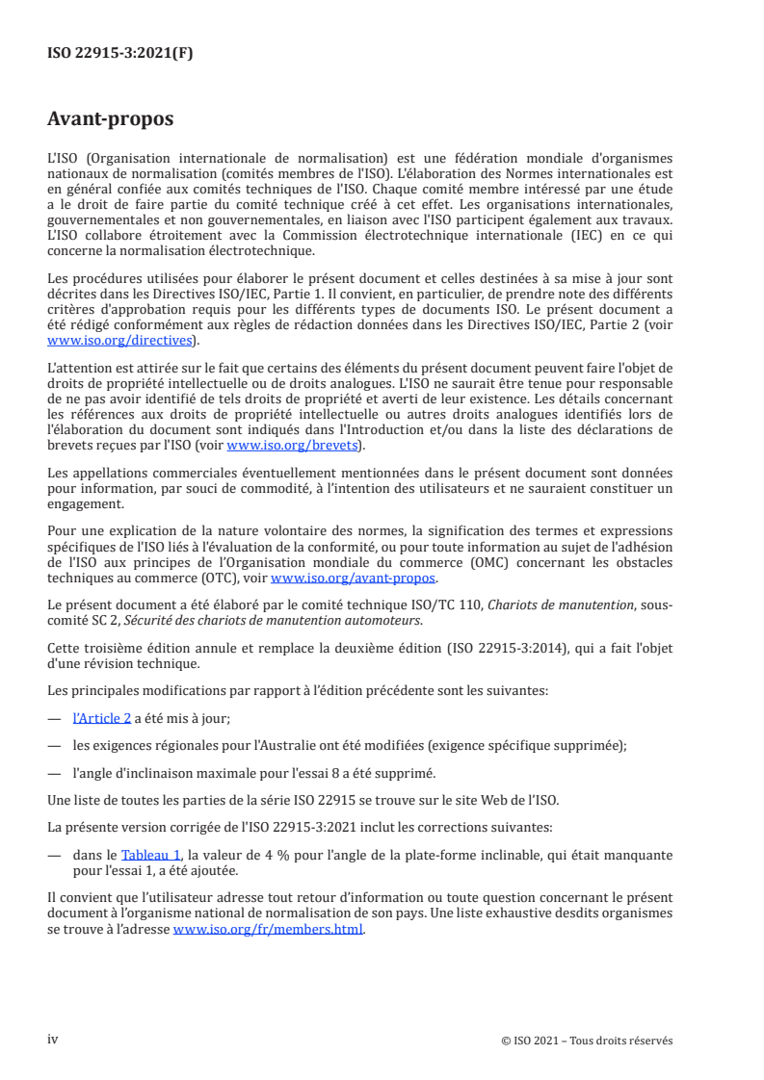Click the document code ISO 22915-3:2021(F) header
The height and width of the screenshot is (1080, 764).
pos(120,54)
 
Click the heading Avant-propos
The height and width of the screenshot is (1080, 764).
pos(110,120)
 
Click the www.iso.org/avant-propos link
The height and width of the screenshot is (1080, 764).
pos(354,579)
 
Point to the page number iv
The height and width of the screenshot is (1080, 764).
pos(53,1040)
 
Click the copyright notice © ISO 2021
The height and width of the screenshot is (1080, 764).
pos(588,1041)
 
